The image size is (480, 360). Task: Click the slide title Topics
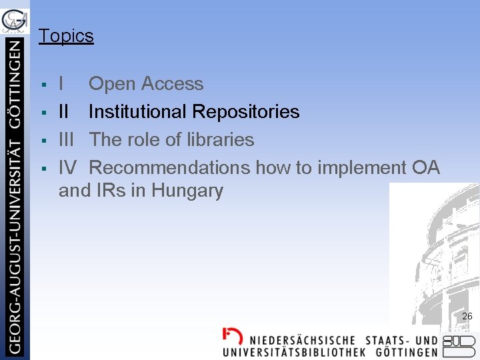tap(66, 36)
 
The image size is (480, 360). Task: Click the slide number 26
tap(467, 316)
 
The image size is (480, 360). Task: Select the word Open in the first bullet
tap(111, 85)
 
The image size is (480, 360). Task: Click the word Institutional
tap(137, 112)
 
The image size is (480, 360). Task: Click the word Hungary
tap(187, 191)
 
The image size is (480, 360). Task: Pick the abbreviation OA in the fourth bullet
tap(425, 168)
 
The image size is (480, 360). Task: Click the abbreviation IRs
tap(110, 191)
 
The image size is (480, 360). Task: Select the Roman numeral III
tap(67, 140)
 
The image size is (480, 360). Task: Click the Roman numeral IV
tap(68, 168)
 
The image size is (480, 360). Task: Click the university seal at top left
tap(15, 21)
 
